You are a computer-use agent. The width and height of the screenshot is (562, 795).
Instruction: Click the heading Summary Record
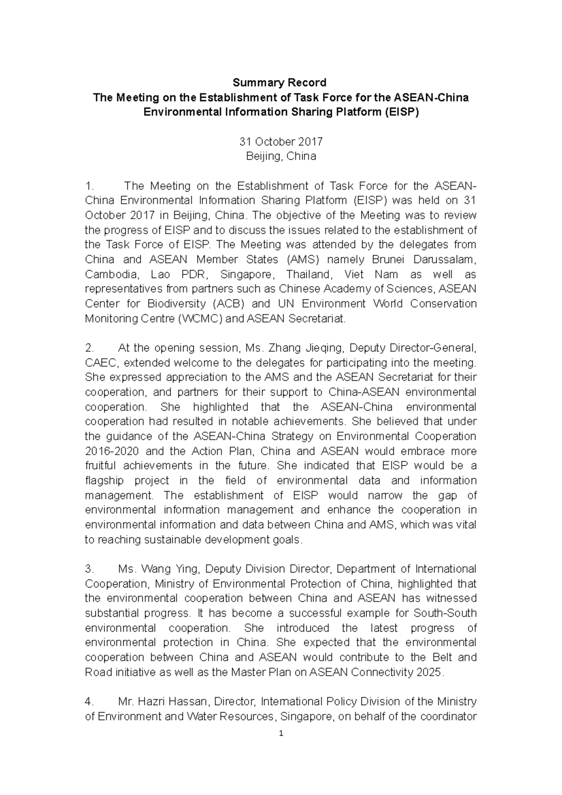280,83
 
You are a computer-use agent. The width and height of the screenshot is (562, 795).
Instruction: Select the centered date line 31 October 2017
281,141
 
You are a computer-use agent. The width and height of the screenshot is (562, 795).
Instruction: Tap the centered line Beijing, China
281,156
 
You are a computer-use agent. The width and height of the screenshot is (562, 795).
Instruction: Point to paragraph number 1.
89,186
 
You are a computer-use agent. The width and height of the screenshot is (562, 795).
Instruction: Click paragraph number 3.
89,569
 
